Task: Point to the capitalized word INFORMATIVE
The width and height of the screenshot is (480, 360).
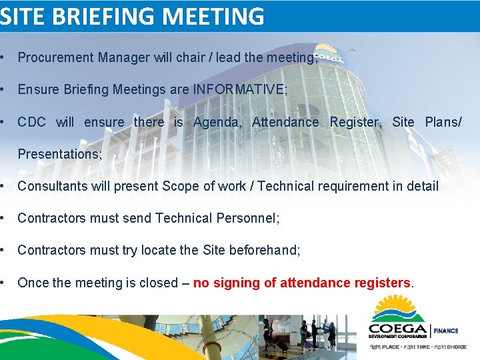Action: tap(239, 89)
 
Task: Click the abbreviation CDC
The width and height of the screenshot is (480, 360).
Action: tap(31, 122)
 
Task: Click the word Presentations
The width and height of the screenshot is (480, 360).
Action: tap(59, 154)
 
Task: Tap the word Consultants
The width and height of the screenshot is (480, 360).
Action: tap(49, 186)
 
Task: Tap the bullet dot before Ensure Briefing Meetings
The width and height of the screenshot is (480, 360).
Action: tap(5, 89)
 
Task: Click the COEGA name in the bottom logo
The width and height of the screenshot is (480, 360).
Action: tap(398, 330)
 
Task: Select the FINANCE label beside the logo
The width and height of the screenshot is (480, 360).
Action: tap(447, 331)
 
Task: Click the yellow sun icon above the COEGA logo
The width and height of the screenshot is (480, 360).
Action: tap(399, 308)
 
